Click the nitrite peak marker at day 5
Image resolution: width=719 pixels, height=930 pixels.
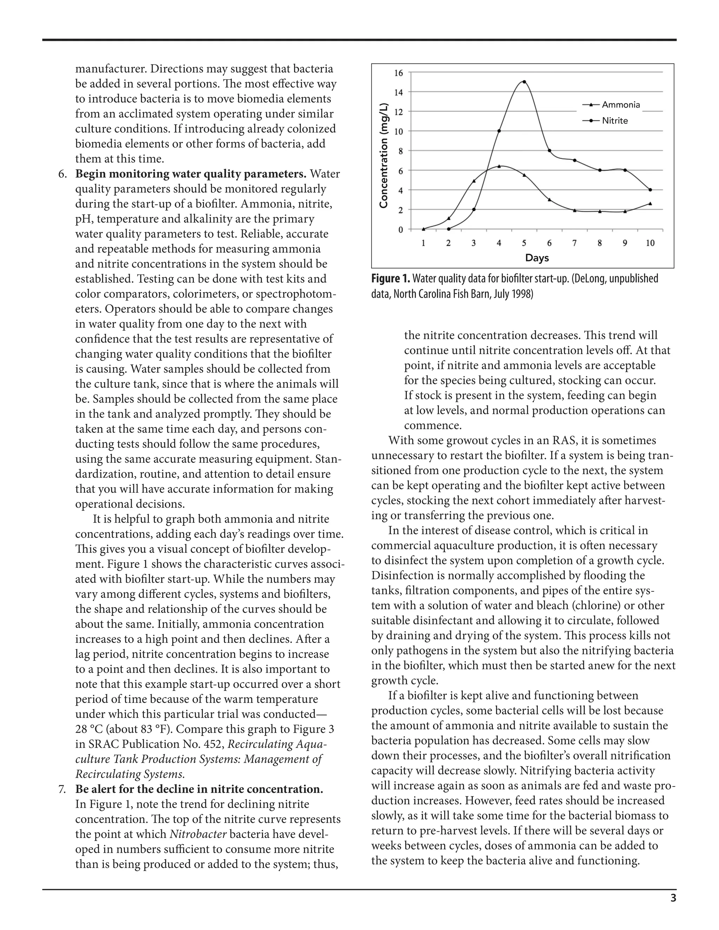tap(524, 82)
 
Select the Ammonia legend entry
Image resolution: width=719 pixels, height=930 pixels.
tap(621, 105)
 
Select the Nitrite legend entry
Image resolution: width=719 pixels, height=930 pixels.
tap(615, 121)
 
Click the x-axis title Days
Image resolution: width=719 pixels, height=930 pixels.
tap(537, 258)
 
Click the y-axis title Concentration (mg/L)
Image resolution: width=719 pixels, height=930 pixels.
tap(384, 155)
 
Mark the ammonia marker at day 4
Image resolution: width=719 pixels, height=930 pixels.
tap(499, 166)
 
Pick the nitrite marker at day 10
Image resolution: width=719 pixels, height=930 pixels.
tap(650, 190)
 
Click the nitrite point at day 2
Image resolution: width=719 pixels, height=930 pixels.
tap(449, 229)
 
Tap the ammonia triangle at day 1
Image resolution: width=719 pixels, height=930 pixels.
tap(423, 229)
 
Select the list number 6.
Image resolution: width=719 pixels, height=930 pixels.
tap(62, 174)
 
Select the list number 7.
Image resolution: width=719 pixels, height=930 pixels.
tap(62, 789)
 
